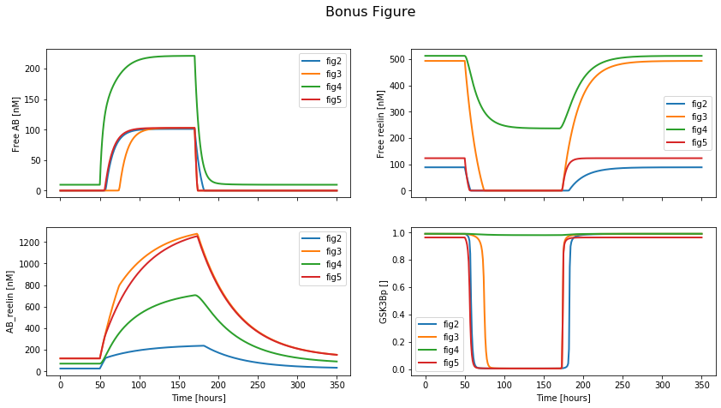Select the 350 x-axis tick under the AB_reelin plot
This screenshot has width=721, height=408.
337,387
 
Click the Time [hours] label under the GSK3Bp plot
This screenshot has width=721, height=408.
563,399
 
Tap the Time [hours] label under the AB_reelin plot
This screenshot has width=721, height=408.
199,399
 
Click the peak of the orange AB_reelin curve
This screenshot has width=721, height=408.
197,234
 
